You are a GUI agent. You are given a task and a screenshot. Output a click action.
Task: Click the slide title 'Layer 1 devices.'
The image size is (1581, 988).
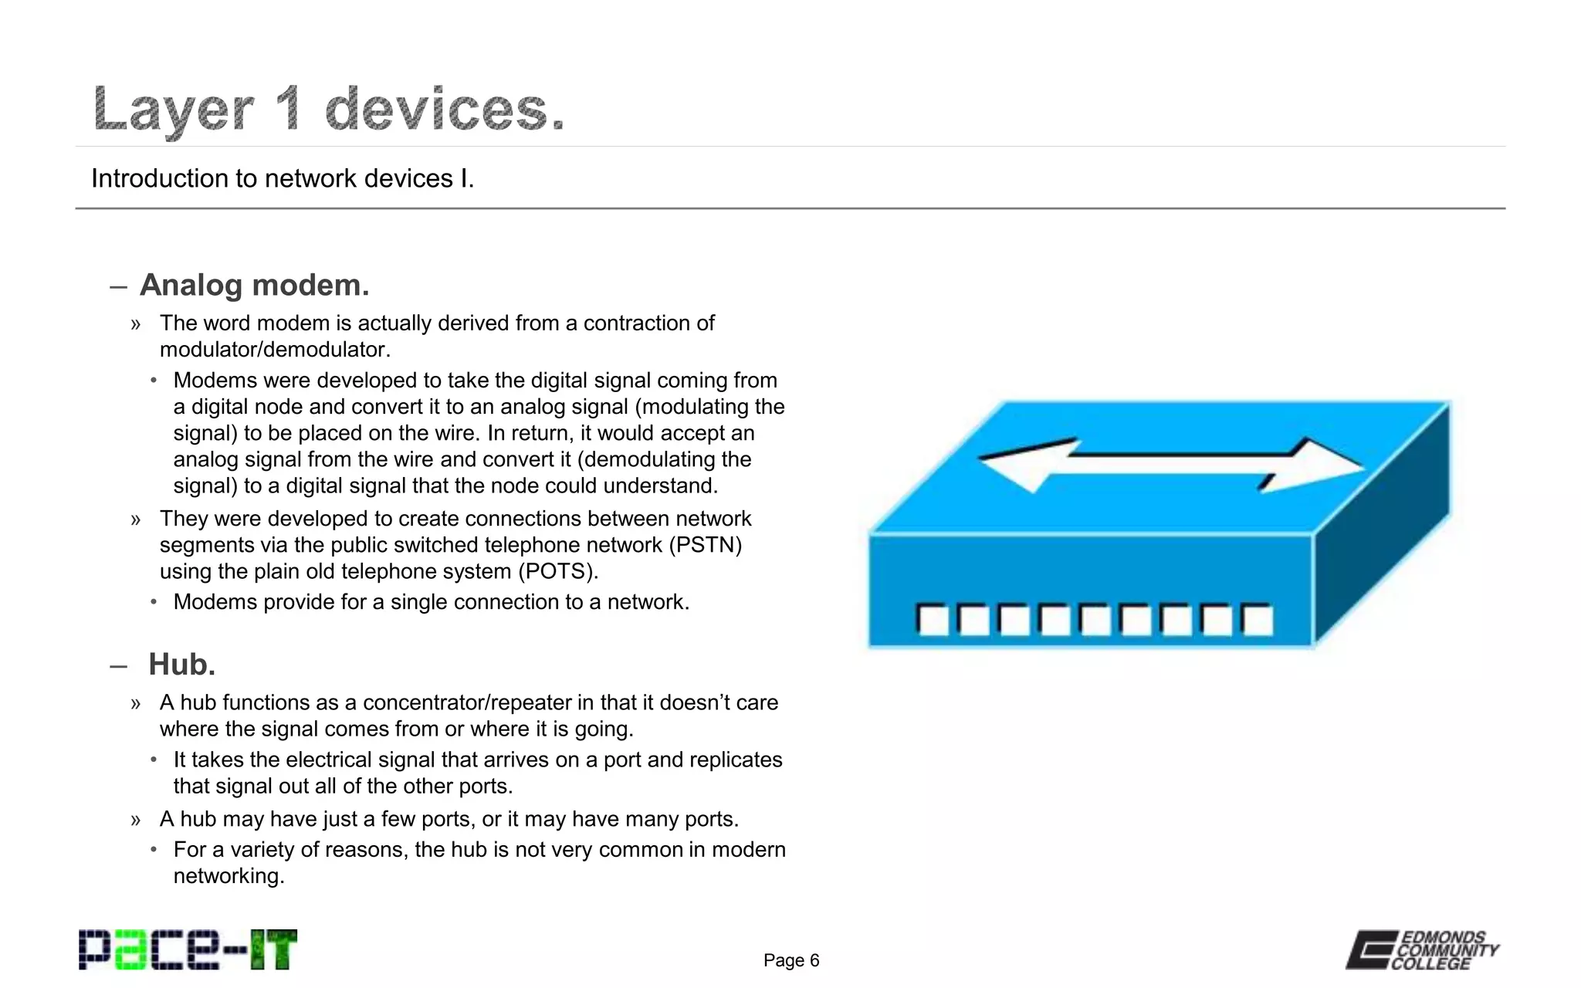[x=329, y=109]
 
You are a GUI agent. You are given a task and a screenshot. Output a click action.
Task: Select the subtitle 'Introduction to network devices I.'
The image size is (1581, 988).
[x=283, y=178]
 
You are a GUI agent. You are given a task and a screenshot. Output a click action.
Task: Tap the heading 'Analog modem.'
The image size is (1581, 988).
[x=254, y=285]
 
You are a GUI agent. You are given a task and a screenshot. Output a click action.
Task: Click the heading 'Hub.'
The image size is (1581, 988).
[x=181, y=664]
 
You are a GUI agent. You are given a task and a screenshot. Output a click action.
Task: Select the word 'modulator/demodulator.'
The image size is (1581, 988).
[x=275, y=350]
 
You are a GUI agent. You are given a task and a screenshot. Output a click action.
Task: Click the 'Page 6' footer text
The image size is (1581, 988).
[x=790, y=960]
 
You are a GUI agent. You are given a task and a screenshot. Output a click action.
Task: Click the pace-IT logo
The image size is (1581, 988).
[x=188, y=949]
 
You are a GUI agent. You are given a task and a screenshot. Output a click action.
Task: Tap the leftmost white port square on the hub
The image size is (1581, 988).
[x=933, y=620]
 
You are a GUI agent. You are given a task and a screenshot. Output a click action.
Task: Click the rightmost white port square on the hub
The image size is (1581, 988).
[x=1257, y=620]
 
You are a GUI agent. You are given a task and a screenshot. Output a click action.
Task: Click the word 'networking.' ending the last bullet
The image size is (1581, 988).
[x=229, y=876]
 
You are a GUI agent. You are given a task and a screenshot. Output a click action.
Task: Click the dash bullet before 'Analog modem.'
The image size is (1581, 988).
[x=118, y=287]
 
